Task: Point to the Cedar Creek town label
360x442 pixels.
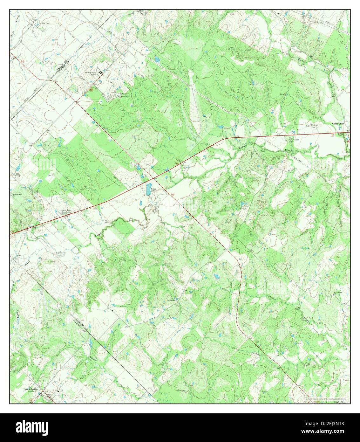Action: click(x=342, y=123)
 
